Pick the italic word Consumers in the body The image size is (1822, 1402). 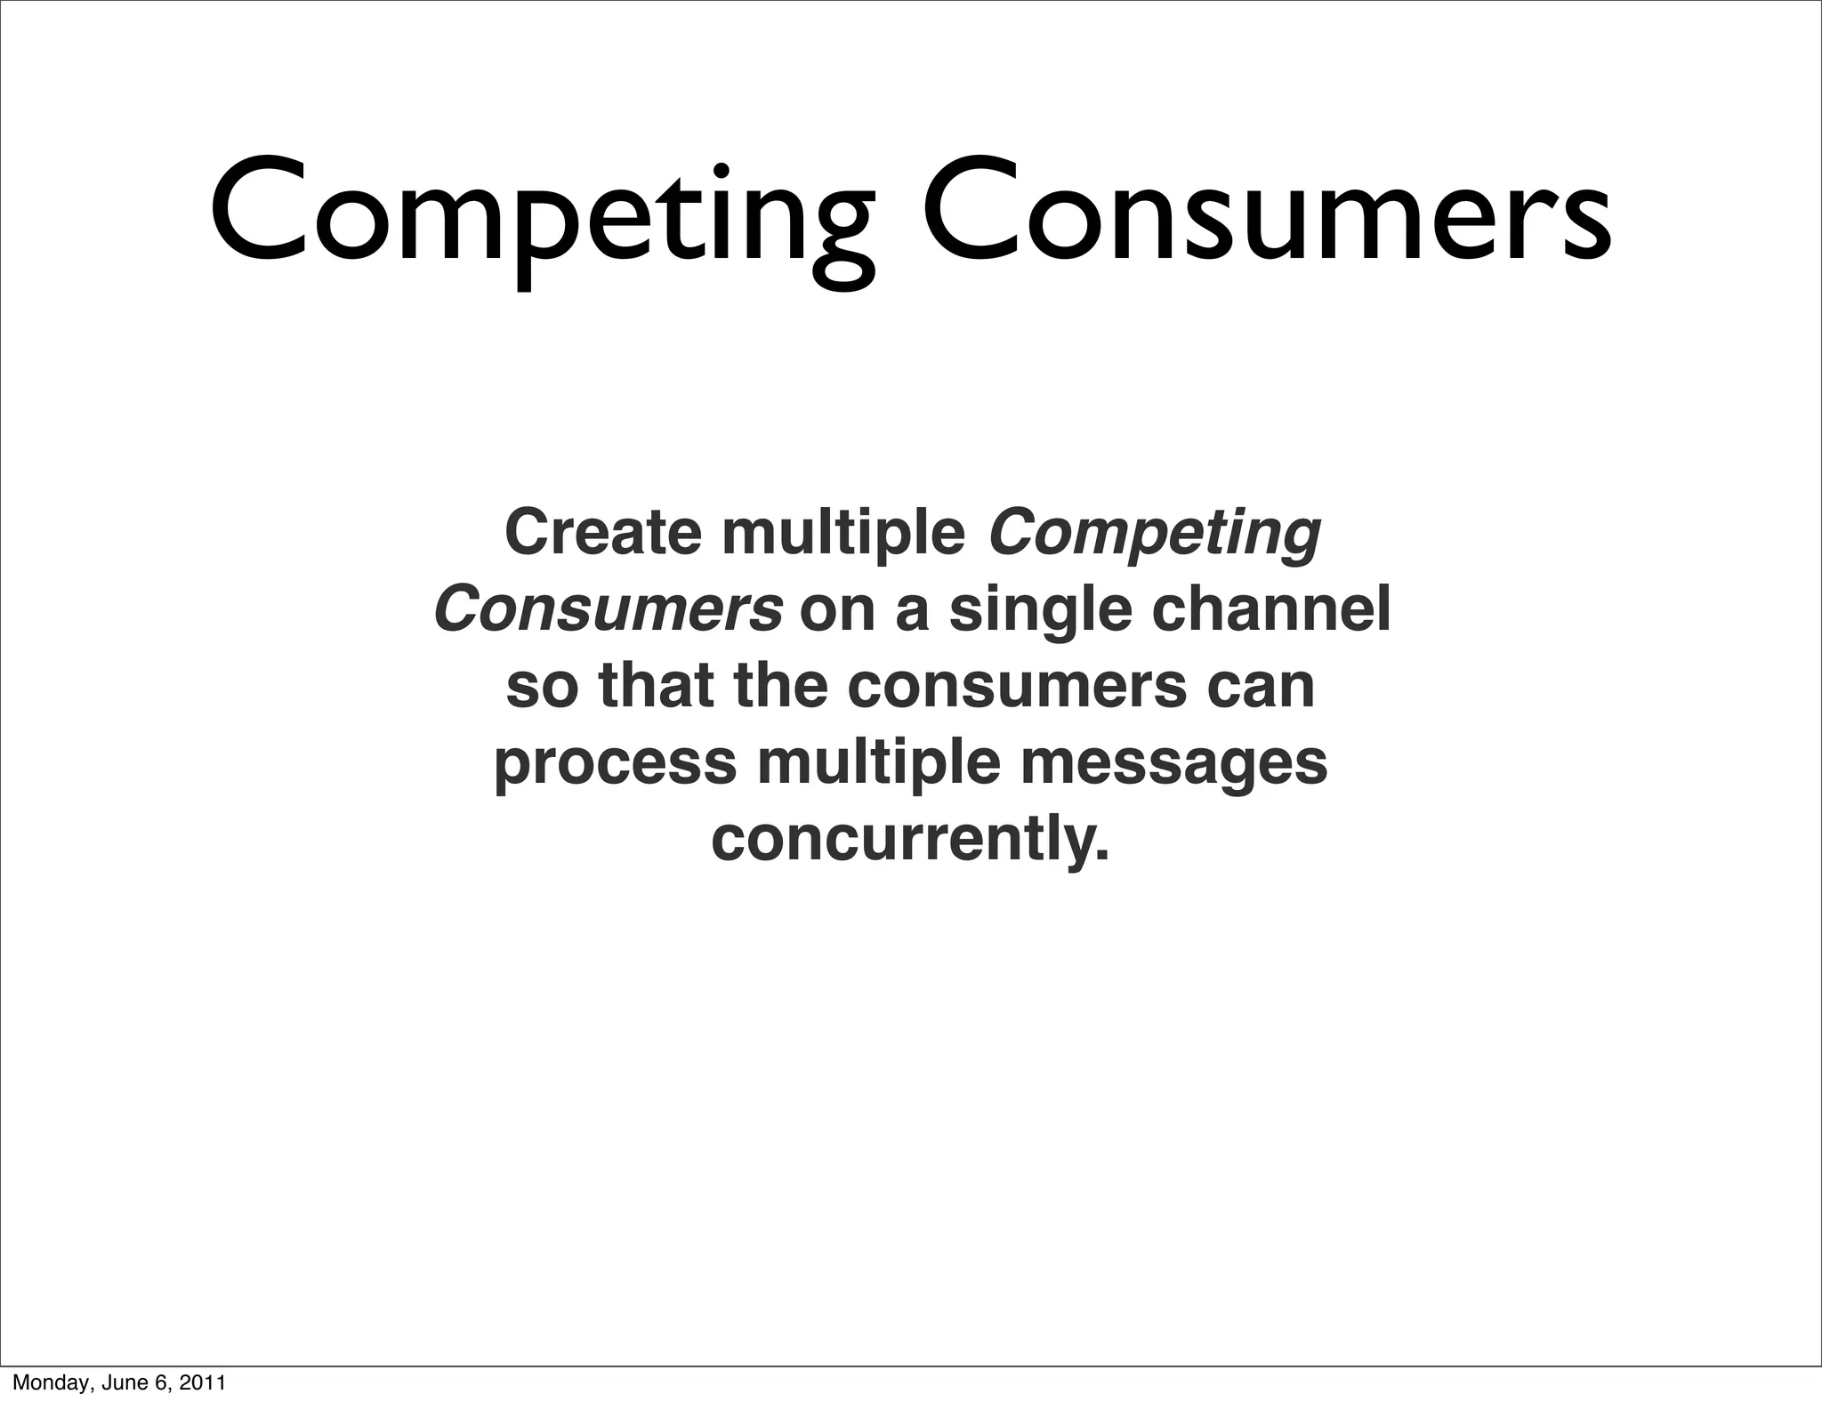609,610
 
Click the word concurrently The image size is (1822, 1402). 910,841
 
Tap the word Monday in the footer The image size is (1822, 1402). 43,1383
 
